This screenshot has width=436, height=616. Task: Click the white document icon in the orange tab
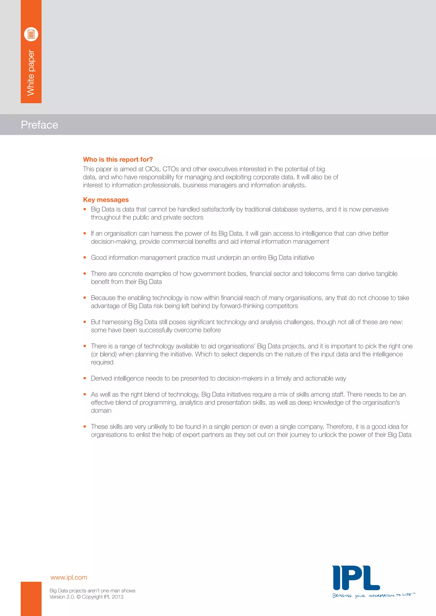point(31,34)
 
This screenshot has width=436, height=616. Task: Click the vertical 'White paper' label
point(31,73)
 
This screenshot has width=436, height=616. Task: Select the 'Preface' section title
point(39,125)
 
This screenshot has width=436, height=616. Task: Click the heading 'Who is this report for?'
point(118,159)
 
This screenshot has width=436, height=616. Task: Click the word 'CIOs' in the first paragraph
point(152,169)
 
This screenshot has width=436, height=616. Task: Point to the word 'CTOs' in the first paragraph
point(171,169)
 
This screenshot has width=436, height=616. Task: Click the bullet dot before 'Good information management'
point(85,258)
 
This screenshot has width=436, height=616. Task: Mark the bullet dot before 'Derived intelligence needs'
point(85,378)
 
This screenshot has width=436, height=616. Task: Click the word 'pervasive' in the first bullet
point(375,209)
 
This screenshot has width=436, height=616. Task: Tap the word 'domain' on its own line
point(101,411)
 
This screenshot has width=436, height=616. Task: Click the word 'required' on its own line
point(102,362)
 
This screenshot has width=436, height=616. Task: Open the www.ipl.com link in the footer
point(69,577)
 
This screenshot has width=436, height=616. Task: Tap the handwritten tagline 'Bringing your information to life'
point(373,596)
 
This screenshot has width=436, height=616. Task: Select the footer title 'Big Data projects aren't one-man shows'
point(92,590)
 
